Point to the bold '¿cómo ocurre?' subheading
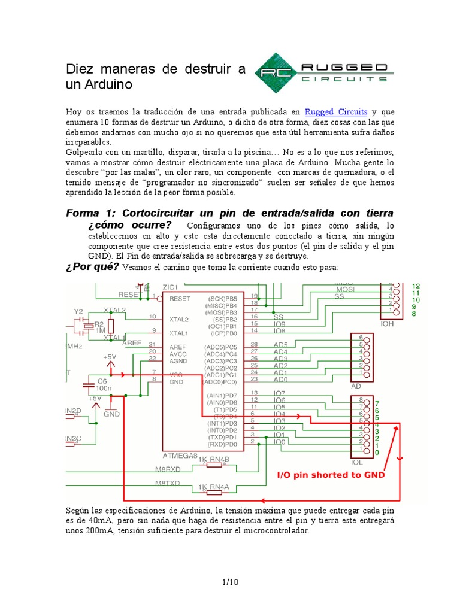(129, 225)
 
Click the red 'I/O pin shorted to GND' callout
(329, 475)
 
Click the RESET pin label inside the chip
(180, 298)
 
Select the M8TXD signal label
(168, 482)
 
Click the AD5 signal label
(280, 344)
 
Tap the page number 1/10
(230, 581)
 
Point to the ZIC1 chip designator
(170, 287)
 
